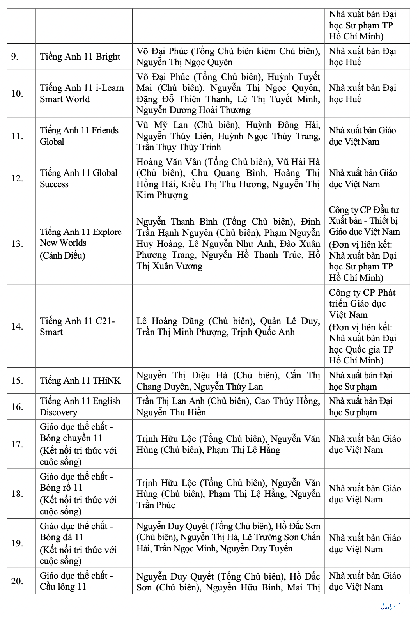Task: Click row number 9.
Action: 15,57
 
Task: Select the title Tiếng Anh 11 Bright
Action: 80,57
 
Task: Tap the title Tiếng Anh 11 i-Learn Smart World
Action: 81,94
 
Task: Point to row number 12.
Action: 17,178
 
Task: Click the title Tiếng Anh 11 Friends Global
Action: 79,136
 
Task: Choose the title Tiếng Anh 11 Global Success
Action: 78,178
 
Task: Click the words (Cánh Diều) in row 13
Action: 62,255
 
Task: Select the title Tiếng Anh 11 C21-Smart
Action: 77,326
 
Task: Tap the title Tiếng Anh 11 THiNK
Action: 80,381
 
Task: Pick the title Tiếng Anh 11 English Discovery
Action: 80,406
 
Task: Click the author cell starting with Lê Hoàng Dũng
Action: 228,326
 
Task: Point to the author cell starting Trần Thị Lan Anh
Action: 228,406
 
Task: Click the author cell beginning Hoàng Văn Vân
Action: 228,178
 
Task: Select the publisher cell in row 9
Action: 362,57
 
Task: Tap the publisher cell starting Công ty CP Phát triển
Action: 362,326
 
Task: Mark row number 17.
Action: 17,444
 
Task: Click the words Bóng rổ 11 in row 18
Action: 61,488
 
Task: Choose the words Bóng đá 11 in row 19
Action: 62,537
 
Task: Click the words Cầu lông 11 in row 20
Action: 63,587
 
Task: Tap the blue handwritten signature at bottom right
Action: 390,607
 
